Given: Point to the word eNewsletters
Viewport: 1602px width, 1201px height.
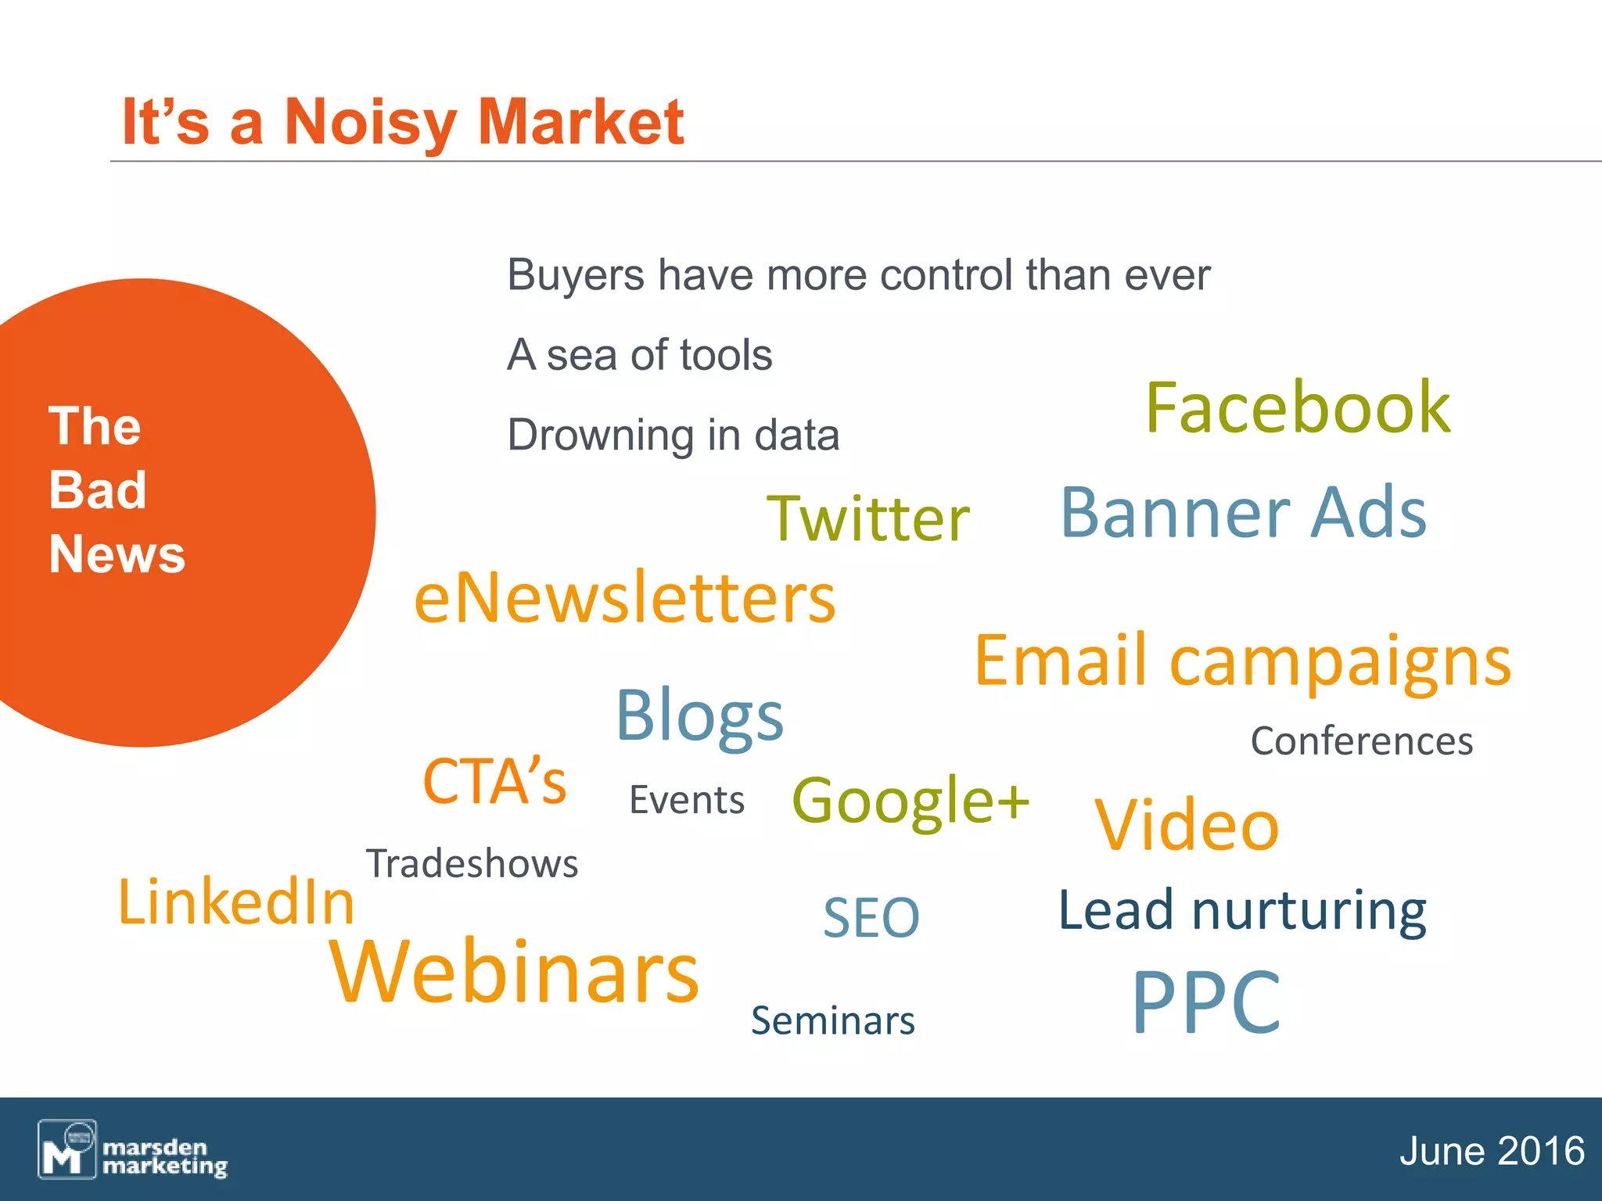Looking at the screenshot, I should pos(624,597).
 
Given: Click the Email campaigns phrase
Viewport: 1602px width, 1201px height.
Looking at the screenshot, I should pos(1242,662).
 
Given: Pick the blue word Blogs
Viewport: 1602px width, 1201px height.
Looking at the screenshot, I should pos(699,715).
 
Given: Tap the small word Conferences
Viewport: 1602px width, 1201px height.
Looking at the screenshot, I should pos(1361,740).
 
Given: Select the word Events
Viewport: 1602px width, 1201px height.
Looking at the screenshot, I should pos(687,800).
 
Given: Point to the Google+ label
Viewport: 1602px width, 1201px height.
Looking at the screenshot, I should pos(911,801).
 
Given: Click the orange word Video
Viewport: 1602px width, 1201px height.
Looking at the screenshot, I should pos(1187,825).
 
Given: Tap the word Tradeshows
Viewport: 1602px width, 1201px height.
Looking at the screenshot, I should pos(472,864).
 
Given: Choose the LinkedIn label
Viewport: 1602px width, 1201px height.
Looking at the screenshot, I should pos(236,902).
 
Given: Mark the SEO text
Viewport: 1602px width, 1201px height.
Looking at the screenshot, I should pos(871,917).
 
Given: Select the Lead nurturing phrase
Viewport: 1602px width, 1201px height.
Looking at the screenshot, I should pos(1242,911).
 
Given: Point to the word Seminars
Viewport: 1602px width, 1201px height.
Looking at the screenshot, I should pos(833,1020).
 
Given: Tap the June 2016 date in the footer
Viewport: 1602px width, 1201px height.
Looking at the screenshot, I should pos(1491,1151).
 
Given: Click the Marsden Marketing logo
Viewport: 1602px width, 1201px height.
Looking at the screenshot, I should pos(133,1149).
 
